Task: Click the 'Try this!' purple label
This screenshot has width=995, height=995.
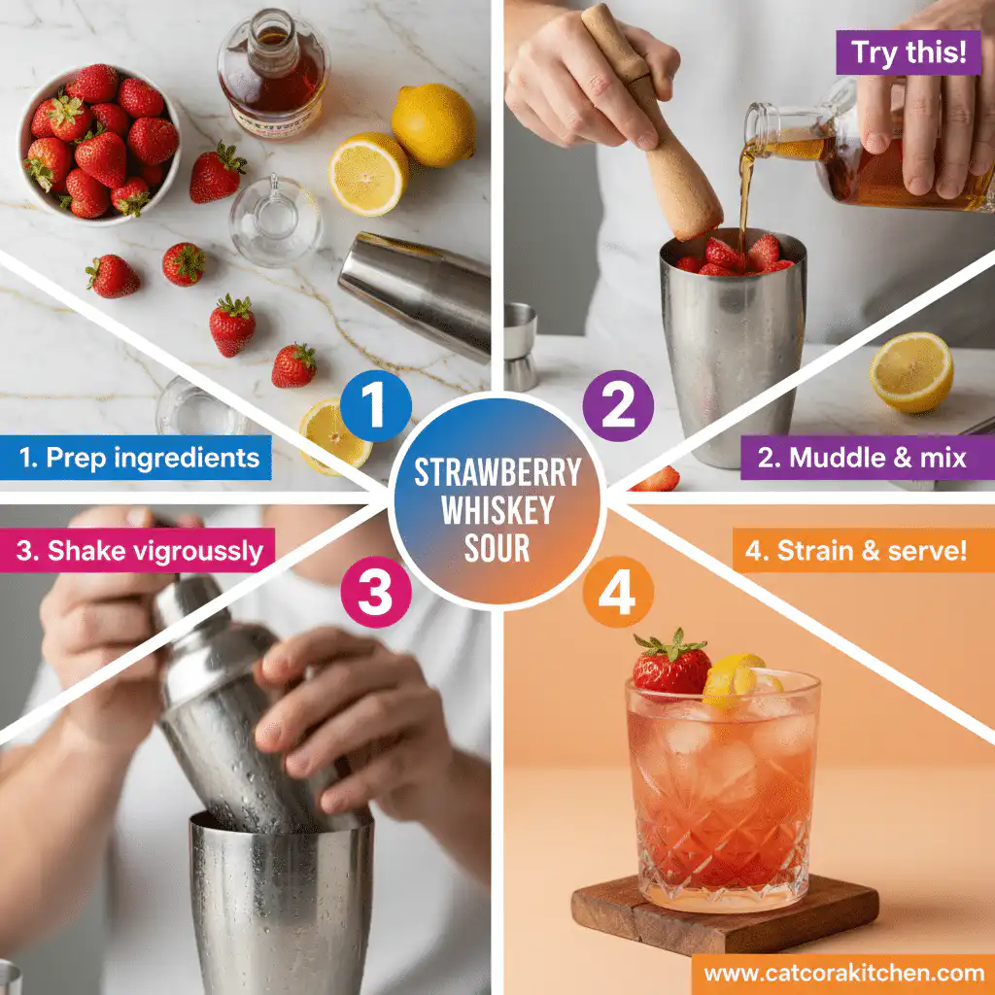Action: pyautogui.click(x=901, y=54)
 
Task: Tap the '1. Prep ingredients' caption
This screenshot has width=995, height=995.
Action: pyautogui.click(x=135, y=457)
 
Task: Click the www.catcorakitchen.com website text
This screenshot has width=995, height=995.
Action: pyautogui.click(x=843, y=973)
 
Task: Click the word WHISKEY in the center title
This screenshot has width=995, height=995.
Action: pyautogui.click(x=497, y=511)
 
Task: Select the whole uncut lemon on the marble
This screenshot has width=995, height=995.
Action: pyautogui.click(x=433, y=123)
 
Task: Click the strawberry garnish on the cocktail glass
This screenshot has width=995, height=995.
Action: pyautogui.click(x=671, y=666)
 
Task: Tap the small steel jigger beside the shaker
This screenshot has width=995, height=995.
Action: pyautogui.click(x=520, y=344)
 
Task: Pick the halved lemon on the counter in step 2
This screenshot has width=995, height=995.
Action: pyautogui.click(x=910, y=372)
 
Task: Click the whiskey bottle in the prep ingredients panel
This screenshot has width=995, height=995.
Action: pyautogui.click(x=273, y=74)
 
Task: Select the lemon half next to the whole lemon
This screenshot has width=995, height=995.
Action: pyautogui.click(x=366, y=174)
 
